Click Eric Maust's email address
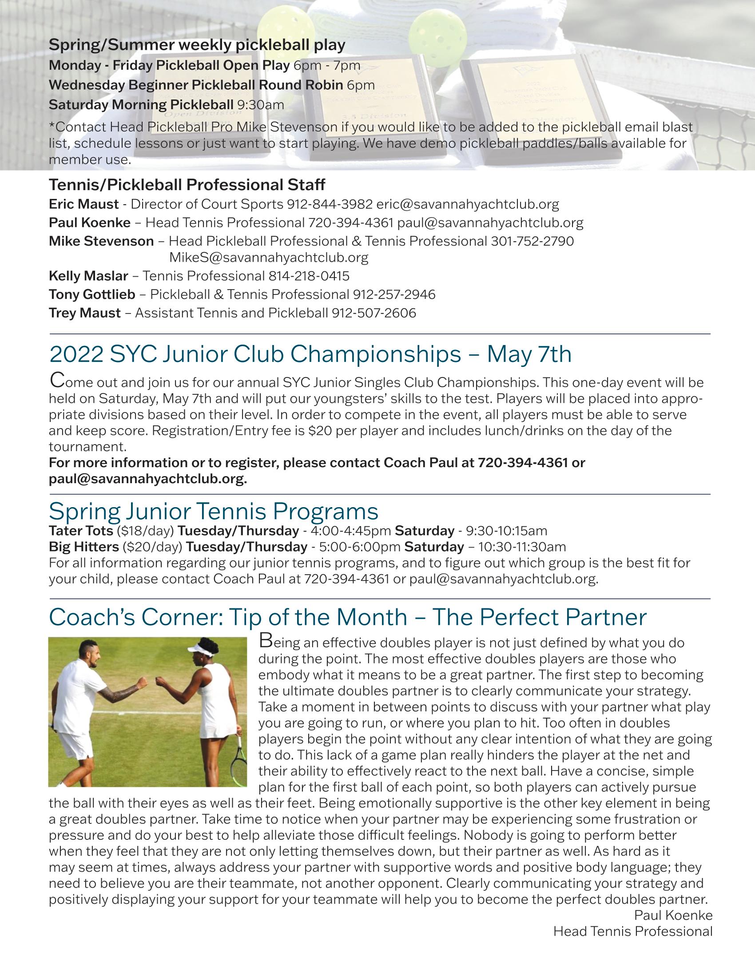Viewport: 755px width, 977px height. coord(467,204)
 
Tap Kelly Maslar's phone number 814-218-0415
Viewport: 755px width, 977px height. coord(309,276)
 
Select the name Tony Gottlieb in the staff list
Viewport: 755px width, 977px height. coord(91,294)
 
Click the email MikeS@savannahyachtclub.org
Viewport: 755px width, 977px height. coord(268,258)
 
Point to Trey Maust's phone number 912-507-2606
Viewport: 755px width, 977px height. coord(374,313)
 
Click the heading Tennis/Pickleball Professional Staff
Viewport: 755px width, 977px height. coord(187,184)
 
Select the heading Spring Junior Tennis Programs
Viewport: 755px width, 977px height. coord(213,510)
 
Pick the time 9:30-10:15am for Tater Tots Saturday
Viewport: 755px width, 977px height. coord(506,531)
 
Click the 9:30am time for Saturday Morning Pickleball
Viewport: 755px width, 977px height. coord(260,105)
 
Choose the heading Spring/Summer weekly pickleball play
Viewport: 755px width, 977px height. coord(197,45)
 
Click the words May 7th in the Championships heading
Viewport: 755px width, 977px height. coord(529,354)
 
